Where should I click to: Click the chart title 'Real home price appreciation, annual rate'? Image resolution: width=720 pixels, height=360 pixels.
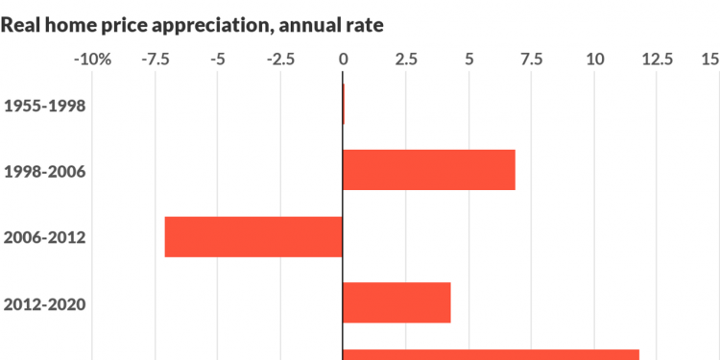192,25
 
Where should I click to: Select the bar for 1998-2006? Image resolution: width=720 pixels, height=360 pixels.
429,170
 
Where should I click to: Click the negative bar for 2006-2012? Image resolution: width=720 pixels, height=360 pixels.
253,237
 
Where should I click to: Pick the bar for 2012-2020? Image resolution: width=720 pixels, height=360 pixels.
396,302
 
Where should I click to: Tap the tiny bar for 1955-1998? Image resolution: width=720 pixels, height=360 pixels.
344,104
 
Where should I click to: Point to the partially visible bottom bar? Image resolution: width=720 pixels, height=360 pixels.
491,354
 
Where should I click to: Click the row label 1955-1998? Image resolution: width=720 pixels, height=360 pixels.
45,105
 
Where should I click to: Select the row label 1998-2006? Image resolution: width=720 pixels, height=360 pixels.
45,172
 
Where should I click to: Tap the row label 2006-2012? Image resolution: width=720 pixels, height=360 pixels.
45,238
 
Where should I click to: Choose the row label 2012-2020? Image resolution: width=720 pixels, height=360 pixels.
45,305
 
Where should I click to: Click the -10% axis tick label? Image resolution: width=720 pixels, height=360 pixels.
92,60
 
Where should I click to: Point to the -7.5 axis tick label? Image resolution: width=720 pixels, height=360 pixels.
155,60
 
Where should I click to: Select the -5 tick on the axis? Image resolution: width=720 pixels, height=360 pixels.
218,60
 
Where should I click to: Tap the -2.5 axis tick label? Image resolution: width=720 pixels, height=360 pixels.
280,60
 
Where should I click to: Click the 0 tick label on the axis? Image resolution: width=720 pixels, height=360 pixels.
344,60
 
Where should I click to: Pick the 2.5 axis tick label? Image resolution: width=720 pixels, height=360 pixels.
406,60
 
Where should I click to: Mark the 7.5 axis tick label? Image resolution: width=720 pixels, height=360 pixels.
532,60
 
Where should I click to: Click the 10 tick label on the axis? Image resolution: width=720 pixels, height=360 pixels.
595,60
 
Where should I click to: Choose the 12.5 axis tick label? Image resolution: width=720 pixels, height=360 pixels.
658,60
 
